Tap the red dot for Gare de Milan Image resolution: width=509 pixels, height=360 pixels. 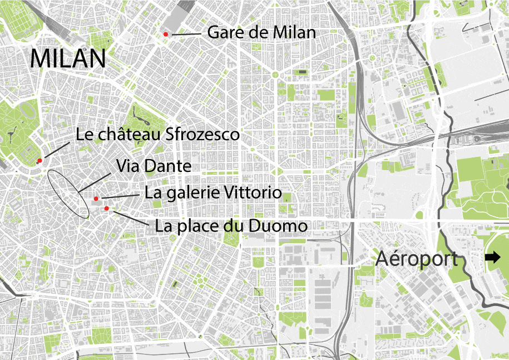coord(165,35)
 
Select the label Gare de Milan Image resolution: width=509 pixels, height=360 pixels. coord(261,32)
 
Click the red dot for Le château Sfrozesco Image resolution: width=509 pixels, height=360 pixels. coord(39,161)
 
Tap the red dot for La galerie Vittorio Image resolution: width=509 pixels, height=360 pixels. coord(96,199)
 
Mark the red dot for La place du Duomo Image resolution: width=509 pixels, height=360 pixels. coord(106,209)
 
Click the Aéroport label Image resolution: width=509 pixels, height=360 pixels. coord(416,259)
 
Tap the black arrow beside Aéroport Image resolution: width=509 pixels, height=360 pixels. coord(492,258)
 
